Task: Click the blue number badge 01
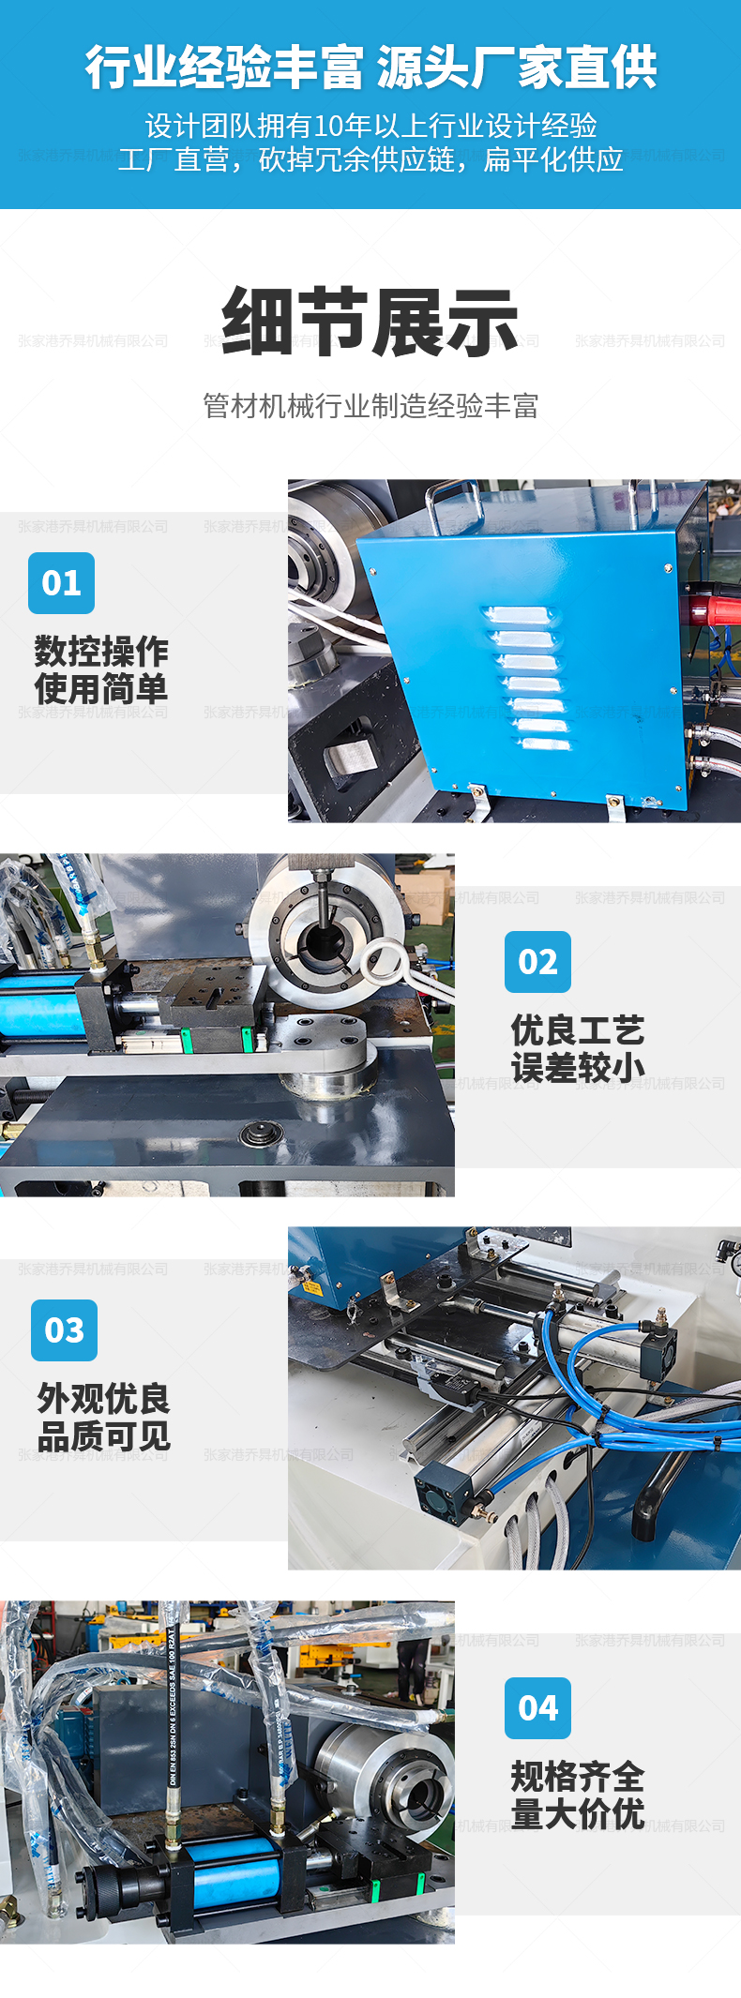[x=61, y=582]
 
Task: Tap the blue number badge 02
[x=537, y=961]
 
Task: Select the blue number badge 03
[x=64, y=1329]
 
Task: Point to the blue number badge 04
[x=537, y=1707]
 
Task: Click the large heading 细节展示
[x=370, y=322]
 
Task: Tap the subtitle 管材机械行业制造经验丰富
[x=370, y=406]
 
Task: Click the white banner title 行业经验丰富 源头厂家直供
[x=370, y=68]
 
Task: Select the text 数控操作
[x=101, y=651]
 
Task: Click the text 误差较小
[x=577, y=1068]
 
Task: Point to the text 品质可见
[x=103, y=1435]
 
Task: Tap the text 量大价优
[x=577, y=1814]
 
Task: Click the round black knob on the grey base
[x=261, y=1134]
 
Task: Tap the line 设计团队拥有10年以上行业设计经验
[x=370, y=126]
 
